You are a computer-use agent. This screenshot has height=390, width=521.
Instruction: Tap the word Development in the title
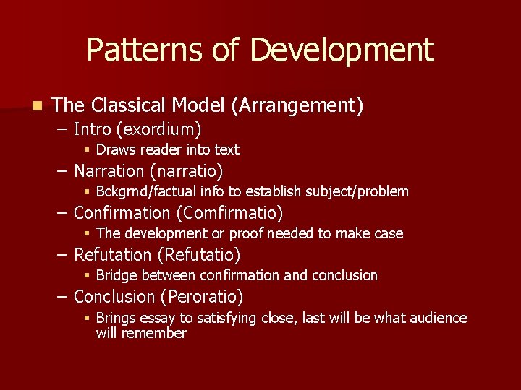(x=342, y=51)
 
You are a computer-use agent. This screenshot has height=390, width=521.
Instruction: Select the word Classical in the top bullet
(x=131, y=105)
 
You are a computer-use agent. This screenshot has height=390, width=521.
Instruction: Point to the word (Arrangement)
(x=297, y=106)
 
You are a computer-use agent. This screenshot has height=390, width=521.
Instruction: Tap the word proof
(x=247, y=234)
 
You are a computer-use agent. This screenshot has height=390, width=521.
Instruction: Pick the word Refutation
(x=113, y=255)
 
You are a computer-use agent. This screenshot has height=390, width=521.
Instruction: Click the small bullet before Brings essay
(x=87, y=318)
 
